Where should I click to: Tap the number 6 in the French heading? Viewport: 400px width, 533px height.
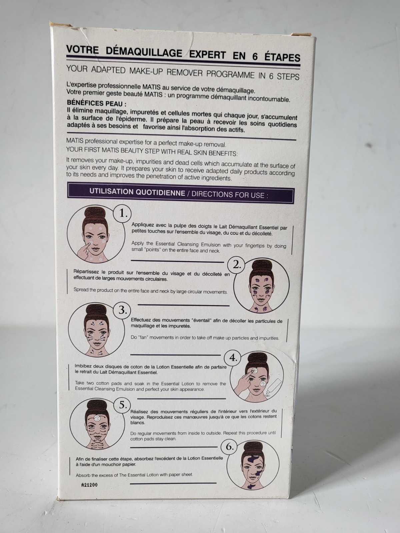(x=255, y=56)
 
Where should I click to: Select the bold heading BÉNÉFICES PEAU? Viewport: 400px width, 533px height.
(x=96, y=103)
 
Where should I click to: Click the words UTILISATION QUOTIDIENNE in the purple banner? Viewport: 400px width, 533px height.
(x=137, y=192)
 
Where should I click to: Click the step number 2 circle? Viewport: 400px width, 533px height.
(x=237, y=265)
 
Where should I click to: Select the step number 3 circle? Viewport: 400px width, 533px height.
(x=122, y=310)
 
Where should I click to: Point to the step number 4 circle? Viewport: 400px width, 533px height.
(x=233, y=358)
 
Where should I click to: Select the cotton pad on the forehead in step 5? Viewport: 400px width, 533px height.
(x=97, y=418)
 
